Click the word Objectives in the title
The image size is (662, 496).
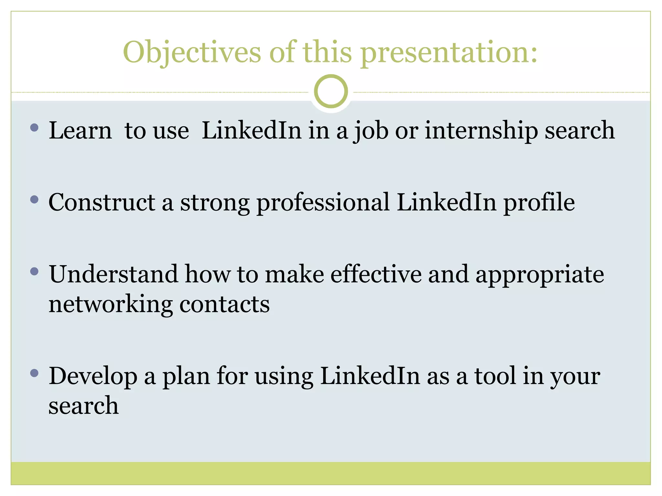(x=192, y=53)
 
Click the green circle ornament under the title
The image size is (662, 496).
(x=331, y=91)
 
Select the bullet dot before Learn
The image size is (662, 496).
(x=34, y=128)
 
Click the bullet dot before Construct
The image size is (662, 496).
(x=34, y=200)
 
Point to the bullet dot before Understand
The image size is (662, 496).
(x=34, y=271)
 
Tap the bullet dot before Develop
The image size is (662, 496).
(x=34, y=373)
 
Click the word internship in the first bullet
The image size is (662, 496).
(x=481, y=130)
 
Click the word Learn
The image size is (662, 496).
(x=80, y=130)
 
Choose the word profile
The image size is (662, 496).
(x=539, y=203)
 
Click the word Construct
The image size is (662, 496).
(x=102, y=203)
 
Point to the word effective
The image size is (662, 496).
(x=376, y=274)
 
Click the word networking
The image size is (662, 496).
(x=111, y=305)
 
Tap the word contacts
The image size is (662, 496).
(x=224, y=305)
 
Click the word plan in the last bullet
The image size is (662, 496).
(x=186, y=376)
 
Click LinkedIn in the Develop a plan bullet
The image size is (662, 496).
(x=370, y=376)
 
